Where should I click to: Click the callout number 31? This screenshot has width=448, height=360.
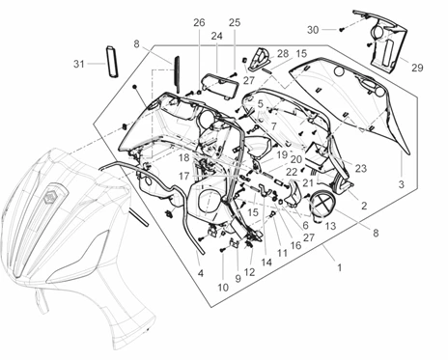(79, 64)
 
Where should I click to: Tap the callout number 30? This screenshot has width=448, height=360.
(313, 30)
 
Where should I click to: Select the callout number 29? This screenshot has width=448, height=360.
(417, 68)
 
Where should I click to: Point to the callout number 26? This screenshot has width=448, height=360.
(199, 22)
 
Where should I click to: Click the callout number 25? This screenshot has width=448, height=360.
(235, 22)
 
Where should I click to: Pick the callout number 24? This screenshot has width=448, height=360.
(216, 36)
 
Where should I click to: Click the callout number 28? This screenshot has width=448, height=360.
(283, 53)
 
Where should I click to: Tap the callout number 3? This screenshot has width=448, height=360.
(402, 184)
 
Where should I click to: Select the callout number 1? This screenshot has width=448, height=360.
(339, 267)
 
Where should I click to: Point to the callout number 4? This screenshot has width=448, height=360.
(201, 273)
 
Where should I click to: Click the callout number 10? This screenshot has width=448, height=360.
(223, 288)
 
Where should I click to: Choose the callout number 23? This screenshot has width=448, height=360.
(361, 168)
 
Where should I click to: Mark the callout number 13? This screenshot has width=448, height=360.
(330, 226)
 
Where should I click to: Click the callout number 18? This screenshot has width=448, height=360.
(184, 158)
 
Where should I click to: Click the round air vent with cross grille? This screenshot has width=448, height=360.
(322, 204)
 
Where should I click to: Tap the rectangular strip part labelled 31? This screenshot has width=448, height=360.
(112, 62)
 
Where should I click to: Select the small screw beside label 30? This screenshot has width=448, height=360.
(342, 30)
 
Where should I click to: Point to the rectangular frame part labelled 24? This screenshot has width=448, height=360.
(221, 86)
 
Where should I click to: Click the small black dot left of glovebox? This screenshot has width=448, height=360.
(134, 87)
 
